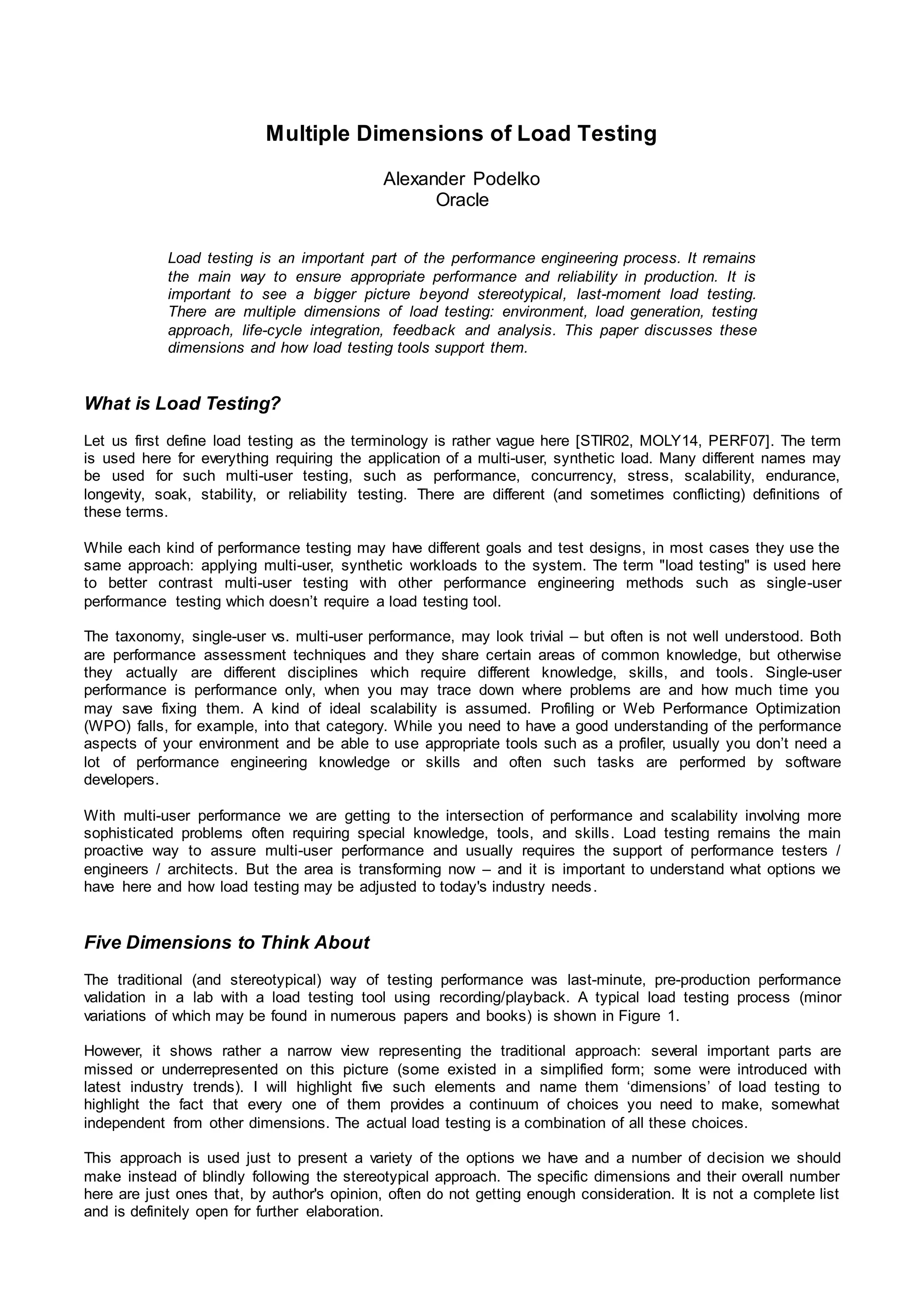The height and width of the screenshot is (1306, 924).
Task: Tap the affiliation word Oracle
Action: [x=462, y=200]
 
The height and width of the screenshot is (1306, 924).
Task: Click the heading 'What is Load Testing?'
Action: [x=182, y=404]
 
